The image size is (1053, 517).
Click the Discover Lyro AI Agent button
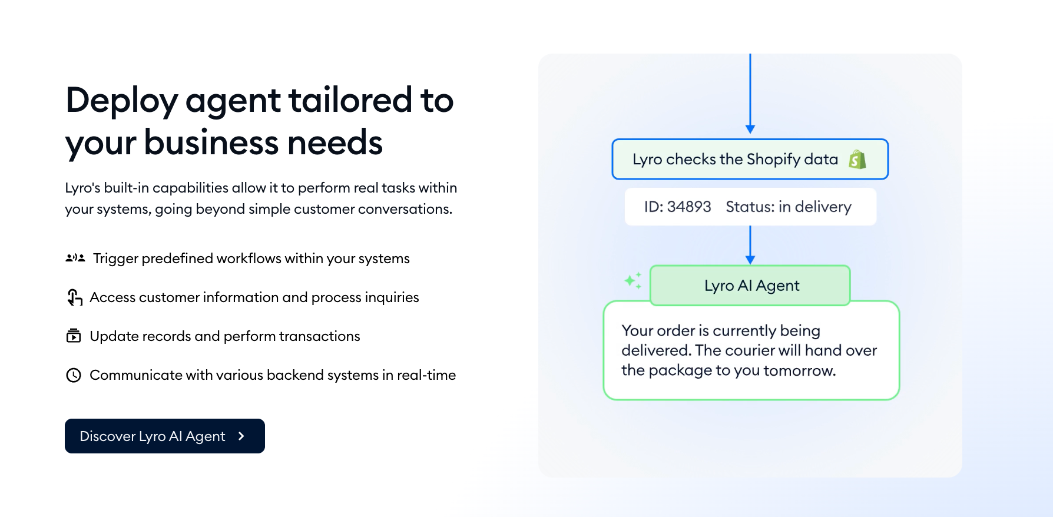[x=165, y=436]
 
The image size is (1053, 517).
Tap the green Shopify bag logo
[x=857, y=159]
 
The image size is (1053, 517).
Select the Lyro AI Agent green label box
[x=750, y=286]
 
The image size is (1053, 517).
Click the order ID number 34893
[x=689, y=207]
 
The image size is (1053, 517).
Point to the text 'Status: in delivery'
[x=789, y=207]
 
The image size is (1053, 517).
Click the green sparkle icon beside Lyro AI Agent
[x=633, y=281]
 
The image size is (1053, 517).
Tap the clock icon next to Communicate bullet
[x=74, y=375]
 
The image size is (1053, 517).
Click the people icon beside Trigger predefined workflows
[x=75, y=258]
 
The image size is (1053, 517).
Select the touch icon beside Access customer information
[x=74, y=297]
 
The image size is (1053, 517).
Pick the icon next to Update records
[x=74, y=336]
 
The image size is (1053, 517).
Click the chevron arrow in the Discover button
[x=241, y=436]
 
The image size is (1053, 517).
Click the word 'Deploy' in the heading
[x=122, y=101]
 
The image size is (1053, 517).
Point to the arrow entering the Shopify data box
[x=750, y=94]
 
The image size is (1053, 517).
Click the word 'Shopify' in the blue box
[x=773, y=160]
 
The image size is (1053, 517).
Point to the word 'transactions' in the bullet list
[x=319, y=336]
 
